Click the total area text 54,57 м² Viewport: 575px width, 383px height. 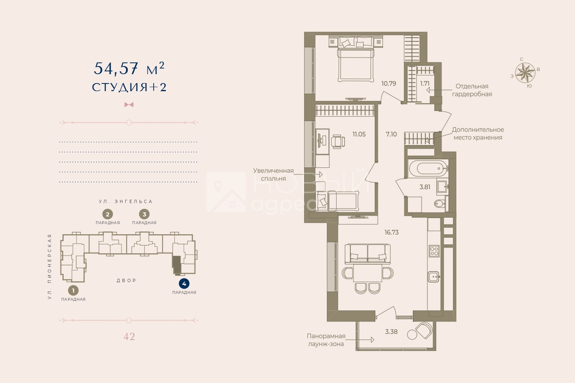click(x=129, y=68)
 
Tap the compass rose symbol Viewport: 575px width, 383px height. click(x=525, y=73)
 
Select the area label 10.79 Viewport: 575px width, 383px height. click(x=388, y=83)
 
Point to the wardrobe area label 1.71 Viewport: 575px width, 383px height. click(x=425, y=83)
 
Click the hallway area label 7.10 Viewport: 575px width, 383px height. click(x=391, y=134)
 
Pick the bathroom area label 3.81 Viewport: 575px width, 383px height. click(x=425, y=187)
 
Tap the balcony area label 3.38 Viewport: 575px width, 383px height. click(x=391, y=332)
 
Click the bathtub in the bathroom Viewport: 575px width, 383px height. click(x=428, y=169)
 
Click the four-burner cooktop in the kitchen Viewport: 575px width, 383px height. click(x=434, y=251)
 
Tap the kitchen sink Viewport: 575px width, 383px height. click(x=434, y=277)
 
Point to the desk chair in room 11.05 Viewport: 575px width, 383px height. click(x=338, y=141)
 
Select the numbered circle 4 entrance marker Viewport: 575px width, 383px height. click(x=184, y=284)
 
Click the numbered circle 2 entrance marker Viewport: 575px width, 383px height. click(x=107, y=214)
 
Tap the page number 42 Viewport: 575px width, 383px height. click(x=129, y=336)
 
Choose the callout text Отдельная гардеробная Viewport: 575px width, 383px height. click(x=472, y=90)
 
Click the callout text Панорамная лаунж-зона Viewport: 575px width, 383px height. click(x=326, y=340)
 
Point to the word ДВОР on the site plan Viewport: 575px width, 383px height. click(x=127, y=280)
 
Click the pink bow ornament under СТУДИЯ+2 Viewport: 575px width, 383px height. click(x=129, y=105)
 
